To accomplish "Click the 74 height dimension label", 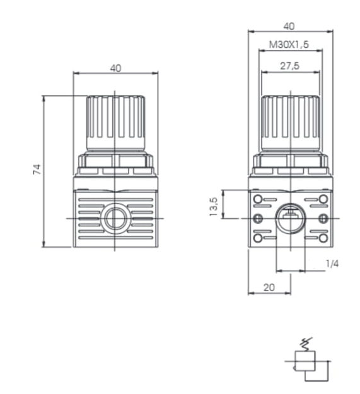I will click(37, 169).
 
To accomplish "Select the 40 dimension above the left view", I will click(115, 68).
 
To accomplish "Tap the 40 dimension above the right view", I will click(289, 26).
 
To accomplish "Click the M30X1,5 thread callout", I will click(289, 46).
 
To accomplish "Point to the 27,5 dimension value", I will click(289, 66).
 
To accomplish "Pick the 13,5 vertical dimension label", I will click(213, 204).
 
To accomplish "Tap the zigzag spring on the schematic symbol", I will click(307, 343).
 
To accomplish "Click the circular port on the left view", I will click(115, 219).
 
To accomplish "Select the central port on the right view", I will click(290, 219).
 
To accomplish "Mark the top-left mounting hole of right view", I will click(257, 199).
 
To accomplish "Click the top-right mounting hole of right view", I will click(323, 199).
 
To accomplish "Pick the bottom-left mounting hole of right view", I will click(257, 238).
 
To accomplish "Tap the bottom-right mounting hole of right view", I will click(323, 238).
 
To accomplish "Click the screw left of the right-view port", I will click(257, 219).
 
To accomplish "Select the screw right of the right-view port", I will click(323, 219).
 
